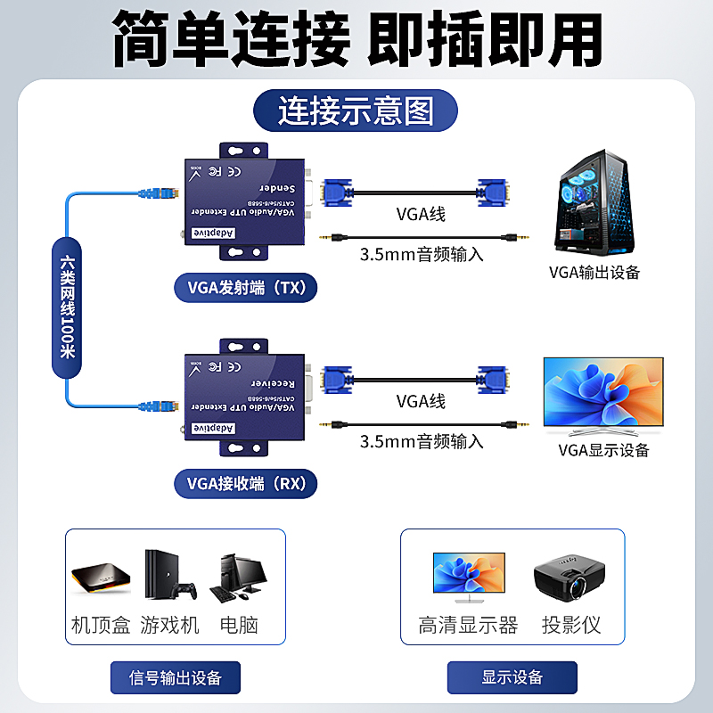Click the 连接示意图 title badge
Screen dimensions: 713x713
point(356,112)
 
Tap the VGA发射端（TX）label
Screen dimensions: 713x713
point(246,287)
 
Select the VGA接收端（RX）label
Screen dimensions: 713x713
point(246,484)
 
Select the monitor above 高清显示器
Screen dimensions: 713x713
point(468,575)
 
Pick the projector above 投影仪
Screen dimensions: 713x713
point(570,579)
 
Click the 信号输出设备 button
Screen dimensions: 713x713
point(176,677)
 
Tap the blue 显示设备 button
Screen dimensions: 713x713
point(512,677)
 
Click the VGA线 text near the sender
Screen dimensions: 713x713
point(420,215)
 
